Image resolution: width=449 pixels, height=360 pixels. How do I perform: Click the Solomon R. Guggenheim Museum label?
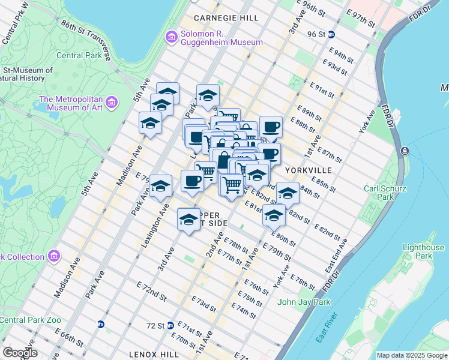221,37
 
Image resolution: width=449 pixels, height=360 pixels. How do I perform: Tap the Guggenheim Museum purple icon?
172,38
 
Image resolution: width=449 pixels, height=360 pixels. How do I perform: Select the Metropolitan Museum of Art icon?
111,103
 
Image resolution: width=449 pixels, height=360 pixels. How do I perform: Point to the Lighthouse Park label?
423,251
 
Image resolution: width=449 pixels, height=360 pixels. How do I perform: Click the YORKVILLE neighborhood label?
309,170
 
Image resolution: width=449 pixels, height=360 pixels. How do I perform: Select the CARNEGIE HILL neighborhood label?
226,19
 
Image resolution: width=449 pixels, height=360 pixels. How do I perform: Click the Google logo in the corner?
20,353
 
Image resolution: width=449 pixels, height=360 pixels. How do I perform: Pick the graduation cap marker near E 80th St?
274,215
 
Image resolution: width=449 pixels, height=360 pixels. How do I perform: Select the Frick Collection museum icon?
54,257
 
